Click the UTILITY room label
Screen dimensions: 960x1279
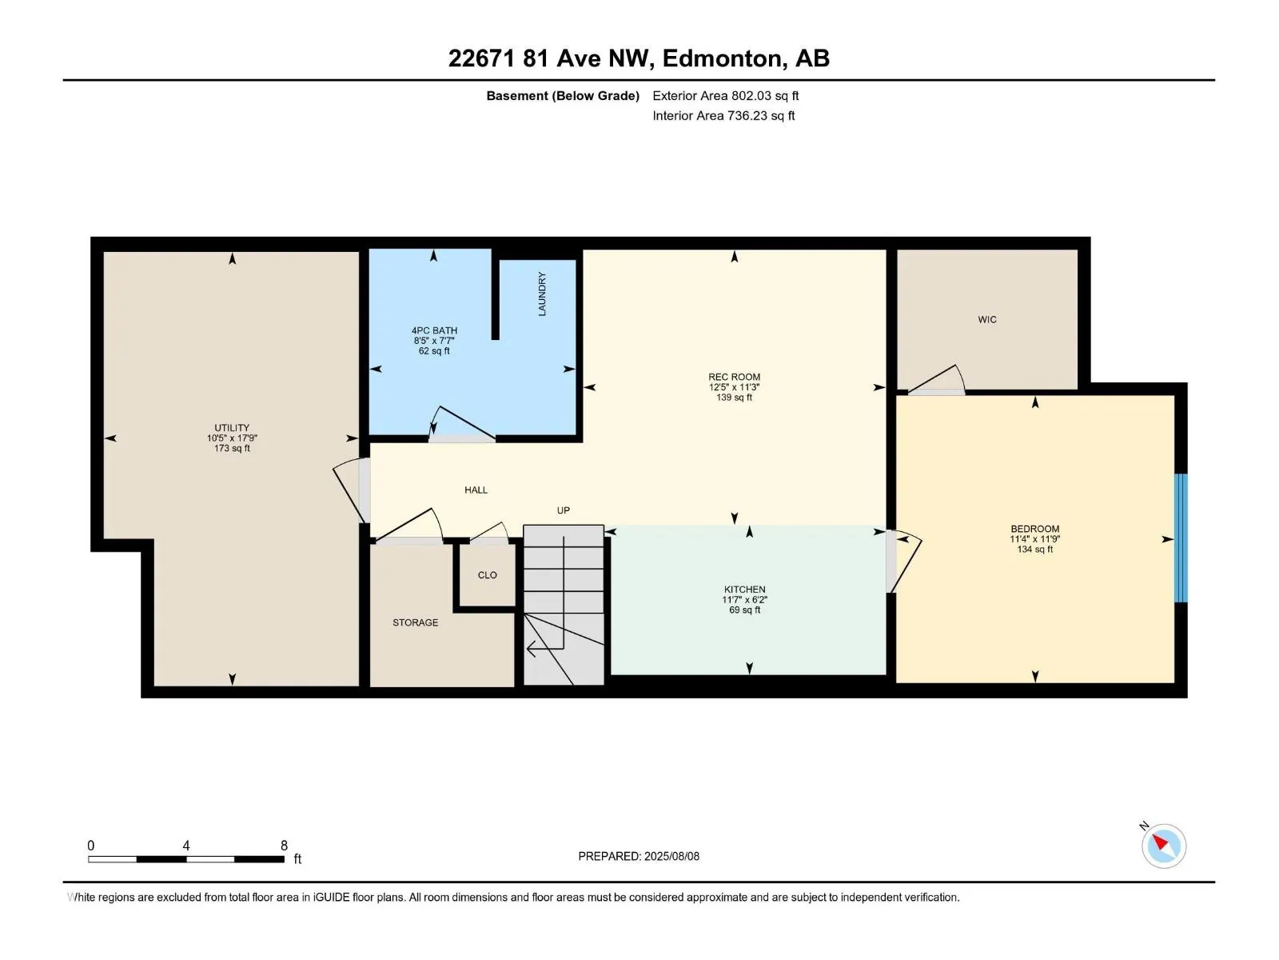(232, 428)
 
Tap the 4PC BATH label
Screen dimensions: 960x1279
(434, 330)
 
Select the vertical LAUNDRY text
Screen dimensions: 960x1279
(542, 294)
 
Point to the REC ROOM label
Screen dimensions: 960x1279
(734, 377)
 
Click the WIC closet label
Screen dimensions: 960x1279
(987, 319)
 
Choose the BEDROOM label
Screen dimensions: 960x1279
(1035, 529)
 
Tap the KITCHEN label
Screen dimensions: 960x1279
(744, 590)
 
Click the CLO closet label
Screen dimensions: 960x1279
(487, 575)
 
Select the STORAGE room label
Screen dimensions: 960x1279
(415, 622)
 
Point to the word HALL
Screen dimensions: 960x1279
(476, 490)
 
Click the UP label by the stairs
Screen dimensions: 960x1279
(564, 510)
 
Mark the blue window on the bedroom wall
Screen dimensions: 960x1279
(1181, 538)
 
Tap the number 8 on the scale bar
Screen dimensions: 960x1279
(284, 846)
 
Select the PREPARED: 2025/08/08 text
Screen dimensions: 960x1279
(639, 856)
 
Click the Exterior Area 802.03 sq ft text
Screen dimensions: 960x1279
(725, 96)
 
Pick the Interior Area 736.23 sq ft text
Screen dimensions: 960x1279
(723, 116)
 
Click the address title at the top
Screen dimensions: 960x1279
(639, 58)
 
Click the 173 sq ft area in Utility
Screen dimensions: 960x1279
(232, 449)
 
